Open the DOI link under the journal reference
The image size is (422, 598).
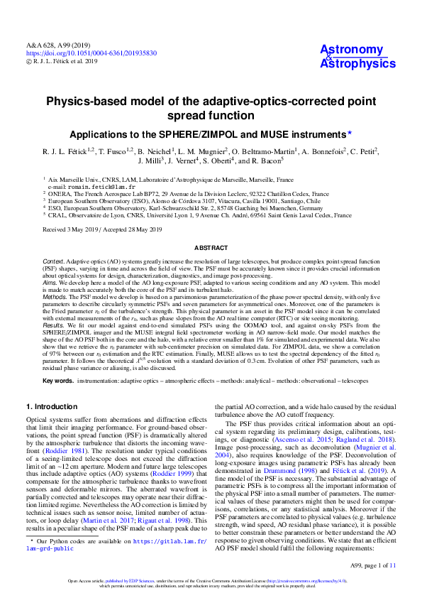click(x=91, y=53)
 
